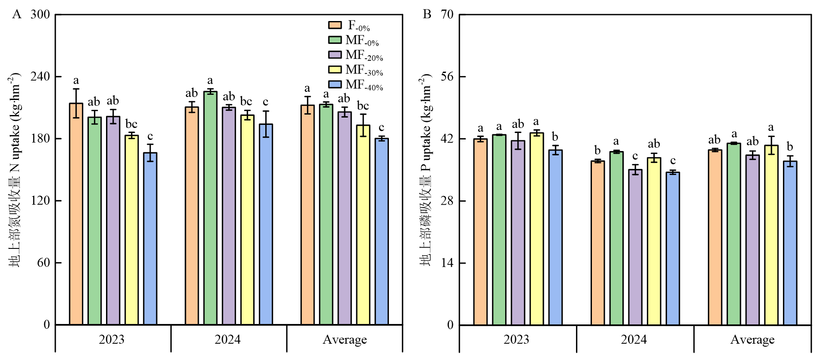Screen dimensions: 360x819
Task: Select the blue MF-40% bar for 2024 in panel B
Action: point(673,248)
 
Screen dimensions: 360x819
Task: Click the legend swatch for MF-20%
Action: point(335,54)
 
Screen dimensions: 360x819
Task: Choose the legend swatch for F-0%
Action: point(335,25)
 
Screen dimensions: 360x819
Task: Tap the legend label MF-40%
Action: point(364,85)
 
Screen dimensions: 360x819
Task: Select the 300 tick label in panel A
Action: point(40,15)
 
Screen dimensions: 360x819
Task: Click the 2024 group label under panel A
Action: point(227,339)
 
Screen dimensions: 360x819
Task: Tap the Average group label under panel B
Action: point(752,339)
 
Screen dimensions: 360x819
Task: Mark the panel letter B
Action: point(427,14)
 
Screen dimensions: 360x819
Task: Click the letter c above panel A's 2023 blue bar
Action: point(150,136)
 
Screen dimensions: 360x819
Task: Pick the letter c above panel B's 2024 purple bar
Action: point(635,156)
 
